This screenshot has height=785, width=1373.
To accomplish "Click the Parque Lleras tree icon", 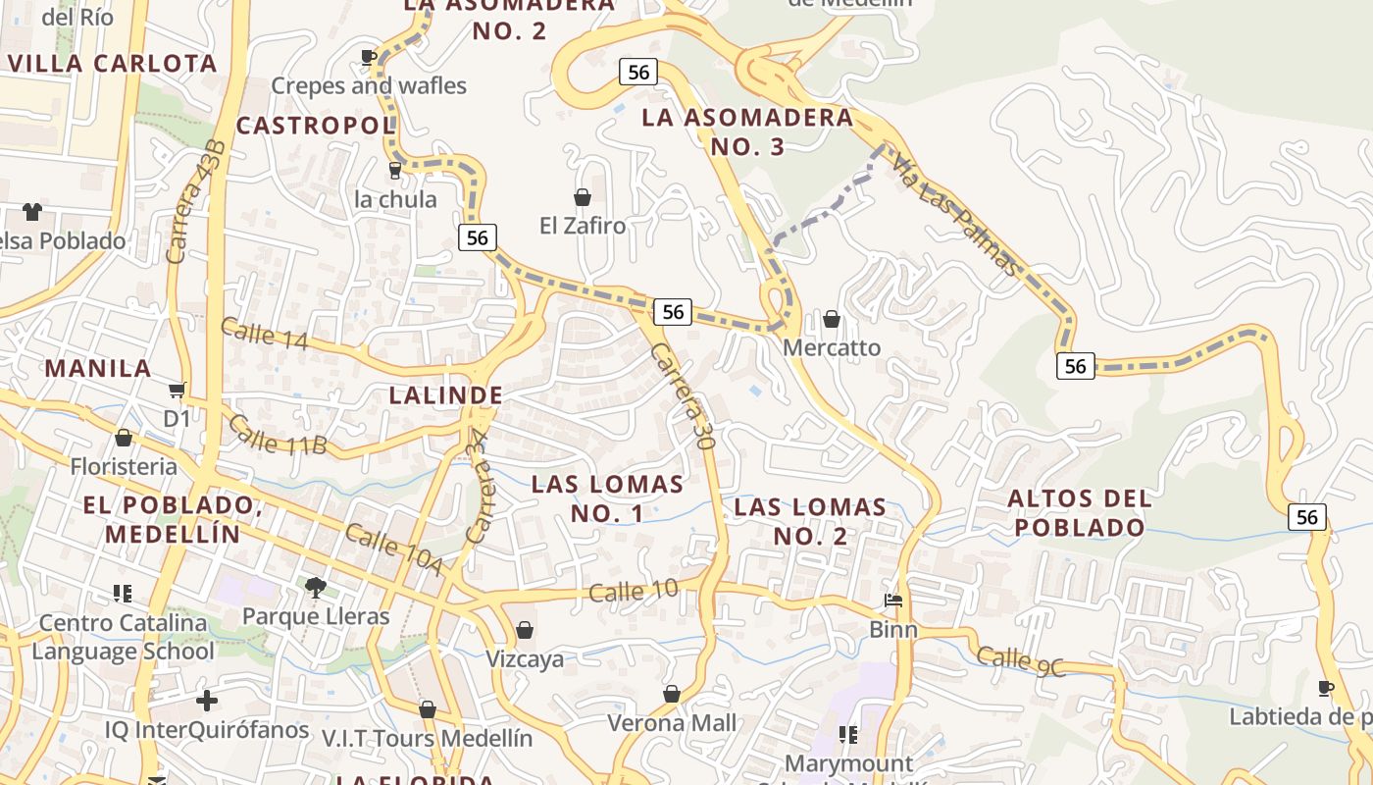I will pyautogui.click(x=316, y=588).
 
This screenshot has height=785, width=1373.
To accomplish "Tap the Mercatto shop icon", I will pyautogui.click(x=832, y=319).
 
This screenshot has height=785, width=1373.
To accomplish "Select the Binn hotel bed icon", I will pyautogui.click(x=892, y=600).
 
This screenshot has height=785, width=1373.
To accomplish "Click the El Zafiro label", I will pyautogui.click(x=583, y=226).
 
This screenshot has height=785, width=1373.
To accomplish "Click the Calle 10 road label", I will pyautogui.click(x=634, y=591).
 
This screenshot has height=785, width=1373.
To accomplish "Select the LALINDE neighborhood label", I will pyautogui.click(x=446, y=395).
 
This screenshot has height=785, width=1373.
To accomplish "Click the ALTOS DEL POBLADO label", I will pyautogui.click(x=1079, y=512).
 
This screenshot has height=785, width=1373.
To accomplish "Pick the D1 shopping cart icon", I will pyautogui.click(x=178, y=391).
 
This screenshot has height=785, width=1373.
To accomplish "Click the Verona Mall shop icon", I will pyautogui.click(x=672, y=695).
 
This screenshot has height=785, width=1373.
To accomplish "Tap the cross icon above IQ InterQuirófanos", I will pyautogui.click(x=207, y=701).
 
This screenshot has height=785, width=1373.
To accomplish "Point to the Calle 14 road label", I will pyautogui.click(x=264, y=334).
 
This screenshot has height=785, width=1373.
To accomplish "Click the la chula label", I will pyautogui.click(x=395, y=199).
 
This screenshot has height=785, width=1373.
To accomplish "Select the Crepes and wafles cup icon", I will pyautogui.click(x=369, y=58).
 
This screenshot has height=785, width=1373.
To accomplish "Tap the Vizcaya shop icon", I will pyautogui.click(x=525, y=630).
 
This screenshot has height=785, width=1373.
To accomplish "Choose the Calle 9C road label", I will pyautogui.click(x=1020, y=662).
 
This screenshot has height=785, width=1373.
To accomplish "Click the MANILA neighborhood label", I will pyautogui.click(x=98, y=369).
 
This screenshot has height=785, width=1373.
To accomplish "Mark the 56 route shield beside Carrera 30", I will pyautogui.click(x=672, y=312).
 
